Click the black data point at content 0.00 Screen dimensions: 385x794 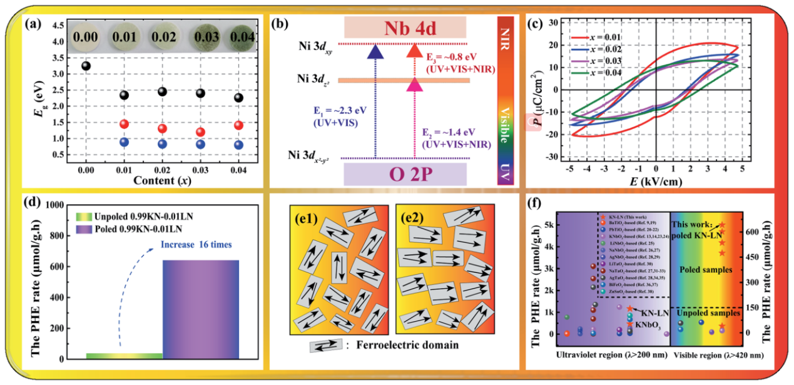pos(86,66)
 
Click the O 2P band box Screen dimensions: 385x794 pos(405,173)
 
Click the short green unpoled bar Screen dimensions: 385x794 pos(124,356)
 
